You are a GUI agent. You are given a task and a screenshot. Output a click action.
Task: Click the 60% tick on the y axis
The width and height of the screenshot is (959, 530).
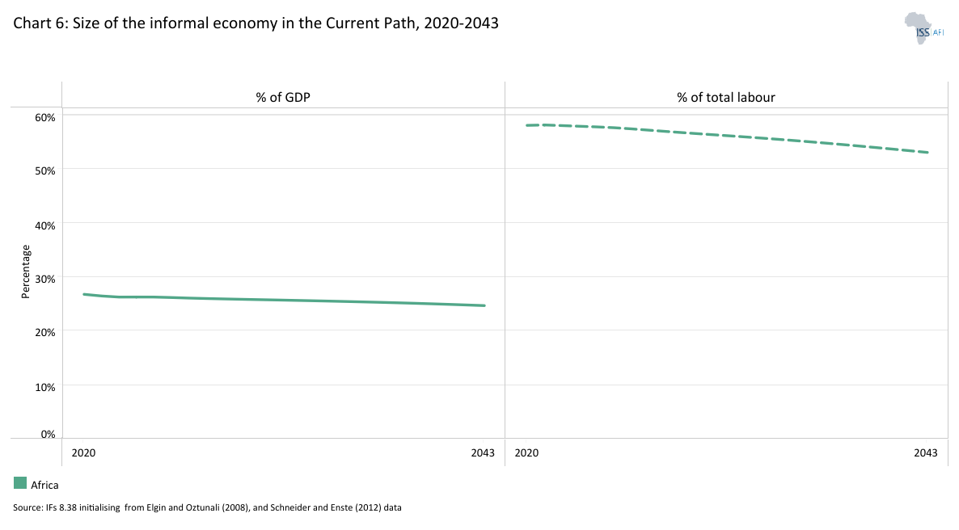point(44,117)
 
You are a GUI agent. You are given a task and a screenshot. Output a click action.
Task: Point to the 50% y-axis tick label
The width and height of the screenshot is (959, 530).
point(44,170)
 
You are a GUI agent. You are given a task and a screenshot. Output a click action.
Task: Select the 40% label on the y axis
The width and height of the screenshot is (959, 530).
point(44,225)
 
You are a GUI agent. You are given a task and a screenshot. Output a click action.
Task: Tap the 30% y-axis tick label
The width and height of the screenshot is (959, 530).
point(44,279)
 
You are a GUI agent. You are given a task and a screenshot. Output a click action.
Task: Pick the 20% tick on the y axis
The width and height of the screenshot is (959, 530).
point(44,332)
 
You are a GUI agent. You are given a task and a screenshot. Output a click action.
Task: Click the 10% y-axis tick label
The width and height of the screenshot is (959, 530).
point(44,386)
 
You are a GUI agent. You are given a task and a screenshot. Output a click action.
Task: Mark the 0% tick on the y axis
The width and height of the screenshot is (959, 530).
point(48,435)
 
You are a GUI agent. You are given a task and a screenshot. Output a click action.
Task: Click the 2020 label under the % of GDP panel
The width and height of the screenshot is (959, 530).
point(83,453)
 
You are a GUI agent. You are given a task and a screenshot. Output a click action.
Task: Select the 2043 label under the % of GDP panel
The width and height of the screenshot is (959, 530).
point(483,453)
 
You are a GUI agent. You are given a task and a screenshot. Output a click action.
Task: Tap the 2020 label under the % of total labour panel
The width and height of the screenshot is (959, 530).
point(526,453)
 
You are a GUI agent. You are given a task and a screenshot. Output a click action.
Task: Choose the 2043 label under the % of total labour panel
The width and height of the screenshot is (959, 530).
point(926,453)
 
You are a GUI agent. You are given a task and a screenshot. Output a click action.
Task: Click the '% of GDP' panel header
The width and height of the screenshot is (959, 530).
point(283,98)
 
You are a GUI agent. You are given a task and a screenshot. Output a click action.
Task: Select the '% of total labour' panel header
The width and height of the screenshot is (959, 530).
point(726,98)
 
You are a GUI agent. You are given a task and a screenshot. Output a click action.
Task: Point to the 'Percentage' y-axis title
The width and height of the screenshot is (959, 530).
point(25,271)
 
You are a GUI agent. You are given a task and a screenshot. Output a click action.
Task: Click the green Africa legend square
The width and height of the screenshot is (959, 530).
point(20,483)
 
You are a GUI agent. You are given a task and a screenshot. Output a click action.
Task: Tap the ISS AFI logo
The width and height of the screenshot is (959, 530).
point(924,27)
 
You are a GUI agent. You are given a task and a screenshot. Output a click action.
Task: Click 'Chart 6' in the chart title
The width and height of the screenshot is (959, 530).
point(40,23)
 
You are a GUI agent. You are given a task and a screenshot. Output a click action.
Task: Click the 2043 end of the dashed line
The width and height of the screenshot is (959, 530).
point(928,152)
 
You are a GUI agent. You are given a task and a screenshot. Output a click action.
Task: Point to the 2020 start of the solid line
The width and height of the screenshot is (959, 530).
point(84,294)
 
